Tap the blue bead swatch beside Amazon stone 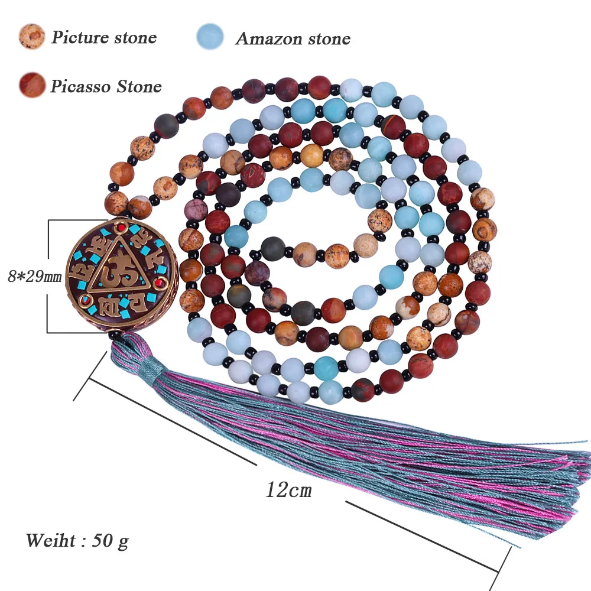tap(210, 37)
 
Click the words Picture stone tap(103, 38)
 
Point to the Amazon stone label tap(293, 39)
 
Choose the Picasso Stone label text tap(105, 87)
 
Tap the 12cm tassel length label tap(288, 490)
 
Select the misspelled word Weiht tap(50, 540)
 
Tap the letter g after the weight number tap(122, 541)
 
